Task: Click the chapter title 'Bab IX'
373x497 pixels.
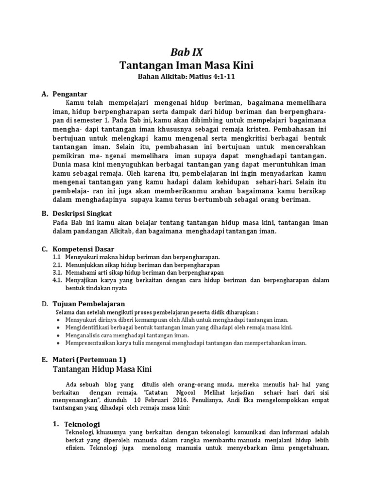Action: coord(186,52)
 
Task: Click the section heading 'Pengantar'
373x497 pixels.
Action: coord(69,94)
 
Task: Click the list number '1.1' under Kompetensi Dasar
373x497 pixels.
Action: coord(56,256)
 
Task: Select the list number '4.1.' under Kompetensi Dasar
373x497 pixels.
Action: coord(57,280)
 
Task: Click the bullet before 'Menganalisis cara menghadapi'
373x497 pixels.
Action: coord(58,335)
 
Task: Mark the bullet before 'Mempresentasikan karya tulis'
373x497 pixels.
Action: coord(58,343)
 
